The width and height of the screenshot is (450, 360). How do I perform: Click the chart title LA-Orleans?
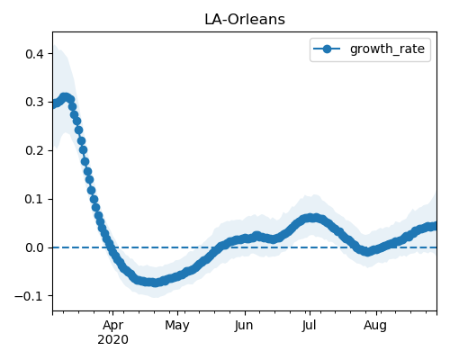[x=245, y=20]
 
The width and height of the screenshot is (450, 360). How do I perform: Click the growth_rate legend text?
[x=387, y=49]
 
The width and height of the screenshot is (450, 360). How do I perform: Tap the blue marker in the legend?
[x=327, y=49]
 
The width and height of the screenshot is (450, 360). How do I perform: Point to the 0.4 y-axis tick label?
[x=35, y=54]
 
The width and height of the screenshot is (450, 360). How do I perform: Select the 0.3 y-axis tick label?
[x=35, y=103]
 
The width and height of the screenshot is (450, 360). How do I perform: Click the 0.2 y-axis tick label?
[x=35, y=150]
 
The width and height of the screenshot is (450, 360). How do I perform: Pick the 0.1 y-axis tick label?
[x=35, y=199]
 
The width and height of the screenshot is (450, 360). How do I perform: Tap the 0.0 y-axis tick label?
[x=35, y=247]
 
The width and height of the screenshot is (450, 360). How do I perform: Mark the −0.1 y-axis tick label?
[x=30, y=296]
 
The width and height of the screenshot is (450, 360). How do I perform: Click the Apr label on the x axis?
[x=112, y=325]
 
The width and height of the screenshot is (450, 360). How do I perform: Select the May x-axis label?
[x=177, y=325]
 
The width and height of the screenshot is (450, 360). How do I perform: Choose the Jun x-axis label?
[x=244, y=325]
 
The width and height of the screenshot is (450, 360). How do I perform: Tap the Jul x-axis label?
[x=309, y=325]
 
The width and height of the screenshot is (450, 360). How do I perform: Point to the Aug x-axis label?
[x=375, y=325]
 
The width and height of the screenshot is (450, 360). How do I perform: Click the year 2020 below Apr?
[x=112, y=339]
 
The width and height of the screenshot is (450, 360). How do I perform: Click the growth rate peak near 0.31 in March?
[x=65, y=97]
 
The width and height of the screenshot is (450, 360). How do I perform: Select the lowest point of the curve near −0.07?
[x=155, y=283]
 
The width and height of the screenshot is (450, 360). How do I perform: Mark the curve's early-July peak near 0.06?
[x=312, y=218]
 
